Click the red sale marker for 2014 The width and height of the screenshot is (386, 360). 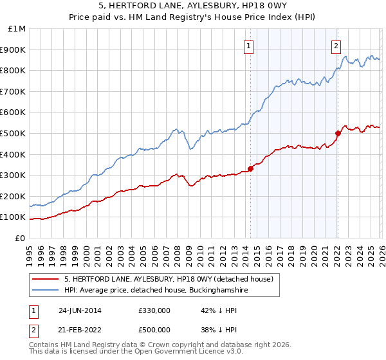point(250,168)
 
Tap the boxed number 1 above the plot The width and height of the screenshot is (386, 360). point(248,45)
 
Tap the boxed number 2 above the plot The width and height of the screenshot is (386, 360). point(336,45)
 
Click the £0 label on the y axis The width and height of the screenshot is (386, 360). point(20,238)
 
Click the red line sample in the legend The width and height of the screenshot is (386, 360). point(46,279)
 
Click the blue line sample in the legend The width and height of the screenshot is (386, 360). point(46,291)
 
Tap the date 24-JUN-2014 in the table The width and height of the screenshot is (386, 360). point(80,310)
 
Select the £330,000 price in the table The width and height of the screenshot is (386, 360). point(154,310)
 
